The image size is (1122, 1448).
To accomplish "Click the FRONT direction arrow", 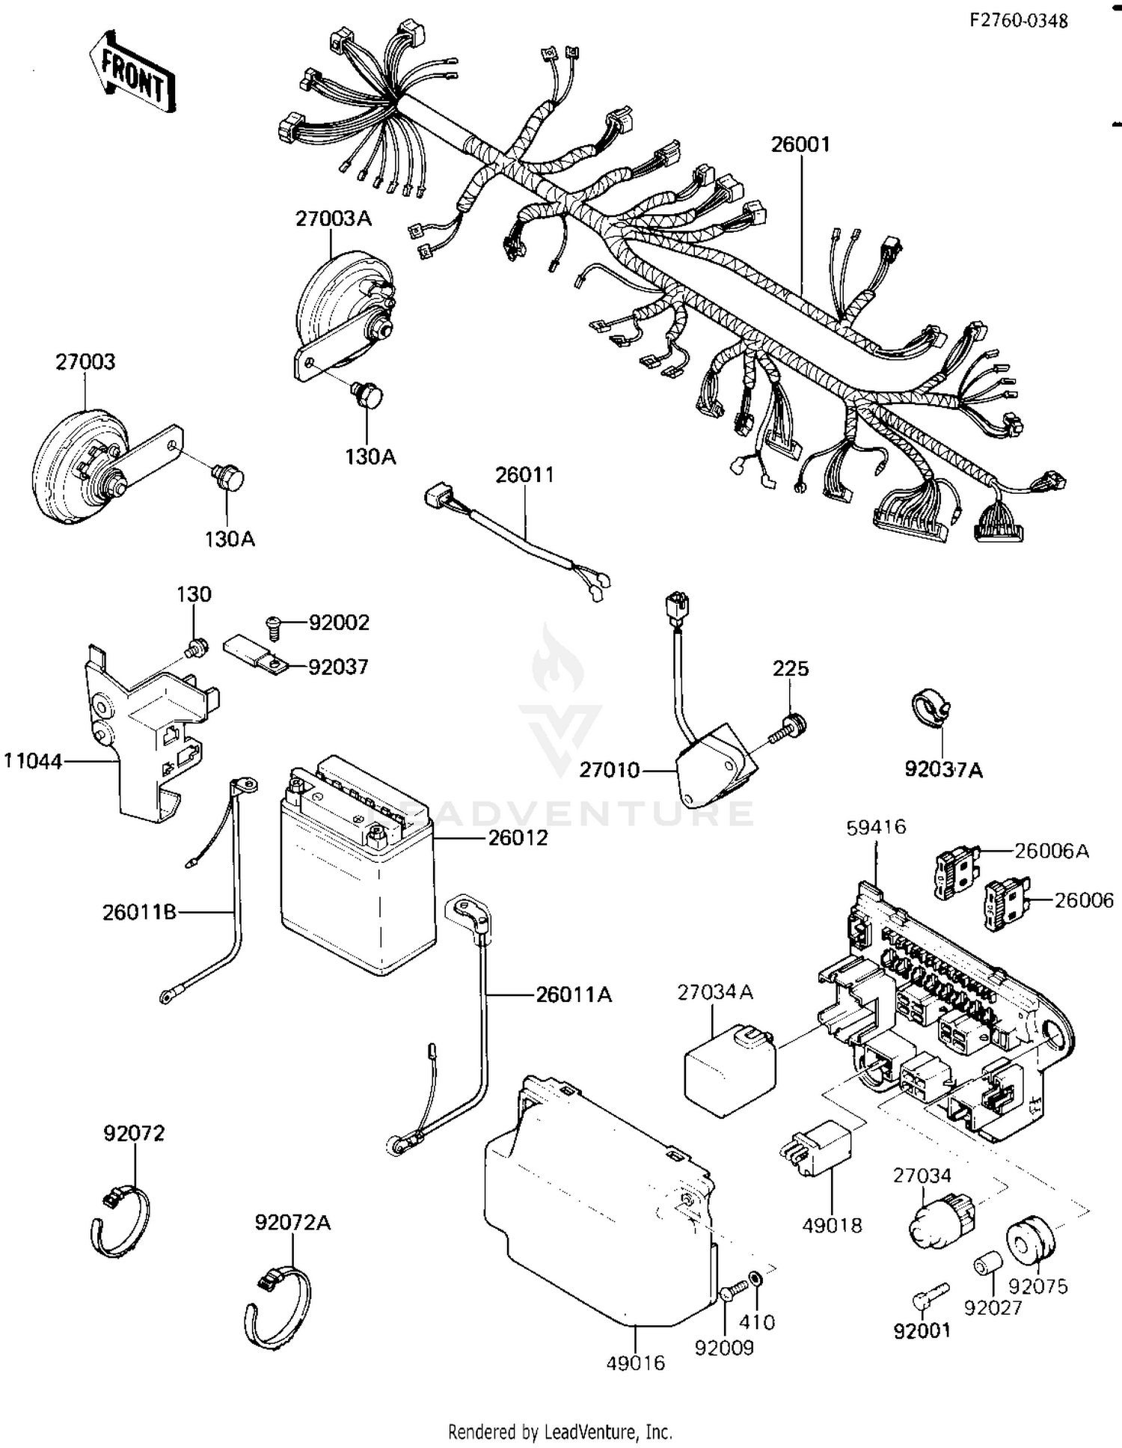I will pos(132,73).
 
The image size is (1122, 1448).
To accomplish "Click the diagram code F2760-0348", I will pos(1018,21).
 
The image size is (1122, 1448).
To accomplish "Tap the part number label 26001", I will pos(800,144).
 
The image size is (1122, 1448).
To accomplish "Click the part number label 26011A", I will pos(574,995).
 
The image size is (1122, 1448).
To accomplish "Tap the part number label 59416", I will pos(876,827).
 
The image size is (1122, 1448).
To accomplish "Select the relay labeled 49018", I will pos(817,1152).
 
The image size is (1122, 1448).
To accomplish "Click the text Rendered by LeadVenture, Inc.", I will pos(560,1432).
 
